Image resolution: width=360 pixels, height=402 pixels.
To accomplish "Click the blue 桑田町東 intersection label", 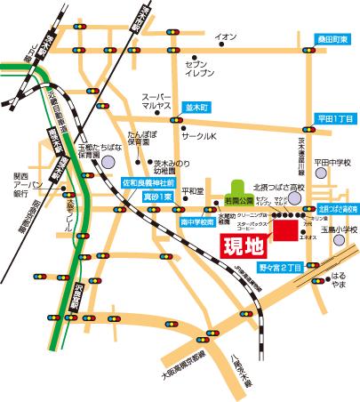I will click(x=332, y=39).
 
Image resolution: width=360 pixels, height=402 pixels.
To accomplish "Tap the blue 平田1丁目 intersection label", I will click(x=336, y=118).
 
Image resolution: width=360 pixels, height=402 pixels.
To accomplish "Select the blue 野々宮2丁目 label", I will click(x=281, y=266).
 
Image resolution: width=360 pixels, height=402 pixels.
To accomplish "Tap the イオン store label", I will click(x=226, y=36).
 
